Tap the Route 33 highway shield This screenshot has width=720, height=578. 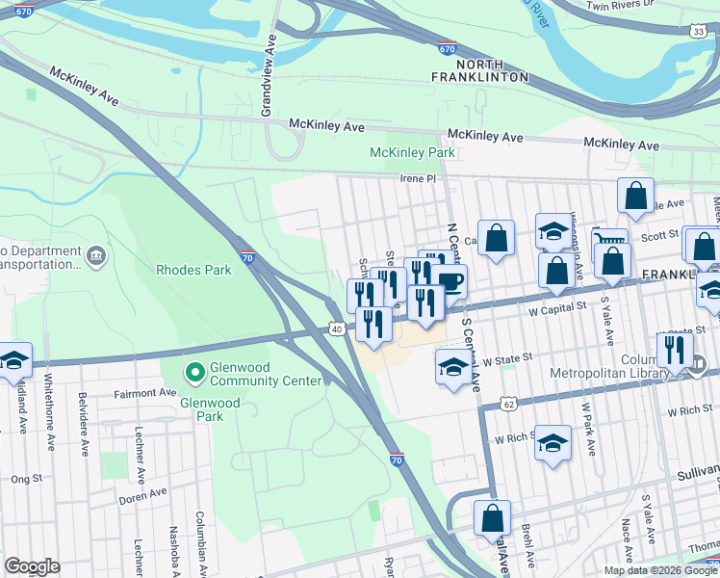[697, 32]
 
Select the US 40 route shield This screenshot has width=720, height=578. [337, 329]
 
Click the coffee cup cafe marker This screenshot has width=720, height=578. [449, 281]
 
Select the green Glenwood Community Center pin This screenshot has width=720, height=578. [194, 371]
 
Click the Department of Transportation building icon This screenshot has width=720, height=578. [96, 255]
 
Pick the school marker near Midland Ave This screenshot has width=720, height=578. [14, 360]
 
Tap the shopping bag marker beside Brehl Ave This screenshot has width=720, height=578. [492, 519]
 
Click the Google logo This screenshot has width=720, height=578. [32, 566]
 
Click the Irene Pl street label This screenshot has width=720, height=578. [419, 179]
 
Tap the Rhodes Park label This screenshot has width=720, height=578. [193, 271]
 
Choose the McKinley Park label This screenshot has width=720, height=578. [413, 153]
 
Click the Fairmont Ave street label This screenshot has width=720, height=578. [144, 393]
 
